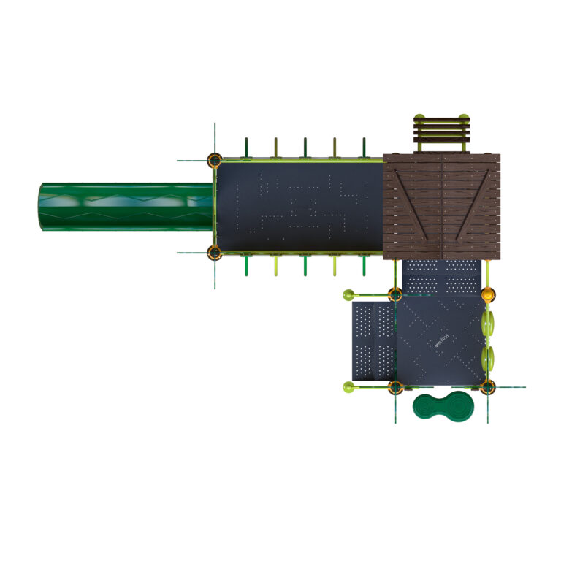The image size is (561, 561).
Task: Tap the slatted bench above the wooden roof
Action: point(440,131)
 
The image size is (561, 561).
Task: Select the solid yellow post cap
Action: point(488,295)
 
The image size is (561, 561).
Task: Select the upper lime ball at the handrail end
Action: point(348,295)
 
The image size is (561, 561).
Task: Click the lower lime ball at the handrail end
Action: point(348,386)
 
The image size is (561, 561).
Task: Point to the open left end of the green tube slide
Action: point(42,207)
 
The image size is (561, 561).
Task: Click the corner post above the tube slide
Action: point(214,160)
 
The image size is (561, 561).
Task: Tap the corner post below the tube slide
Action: point(214,253)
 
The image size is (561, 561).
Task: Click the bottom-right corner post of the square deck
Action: point(488,386)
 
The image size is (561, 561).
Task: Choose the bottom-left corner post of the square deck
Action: point(395,387)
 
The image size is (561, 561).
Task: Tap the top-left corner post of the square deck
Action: point(395,295)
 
